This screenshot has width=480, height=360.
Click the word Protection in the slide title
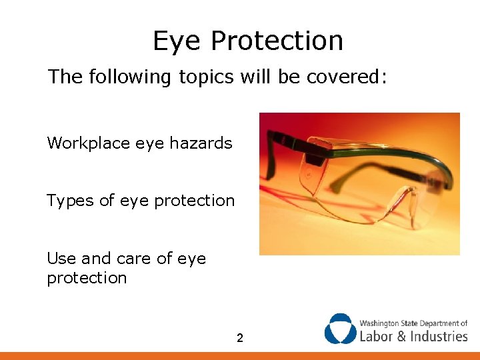pos(277,41)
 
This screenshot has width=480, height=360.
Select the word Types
pos(70,201)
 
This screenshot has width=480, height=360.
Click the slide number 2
pos(240,339)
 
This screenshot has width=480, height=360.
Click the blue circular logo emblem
pos(340,329)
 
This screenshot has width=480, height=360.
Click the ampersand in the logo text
pos(402,335)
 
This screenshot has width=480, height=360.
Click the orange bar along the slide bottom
pos(240,356)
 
